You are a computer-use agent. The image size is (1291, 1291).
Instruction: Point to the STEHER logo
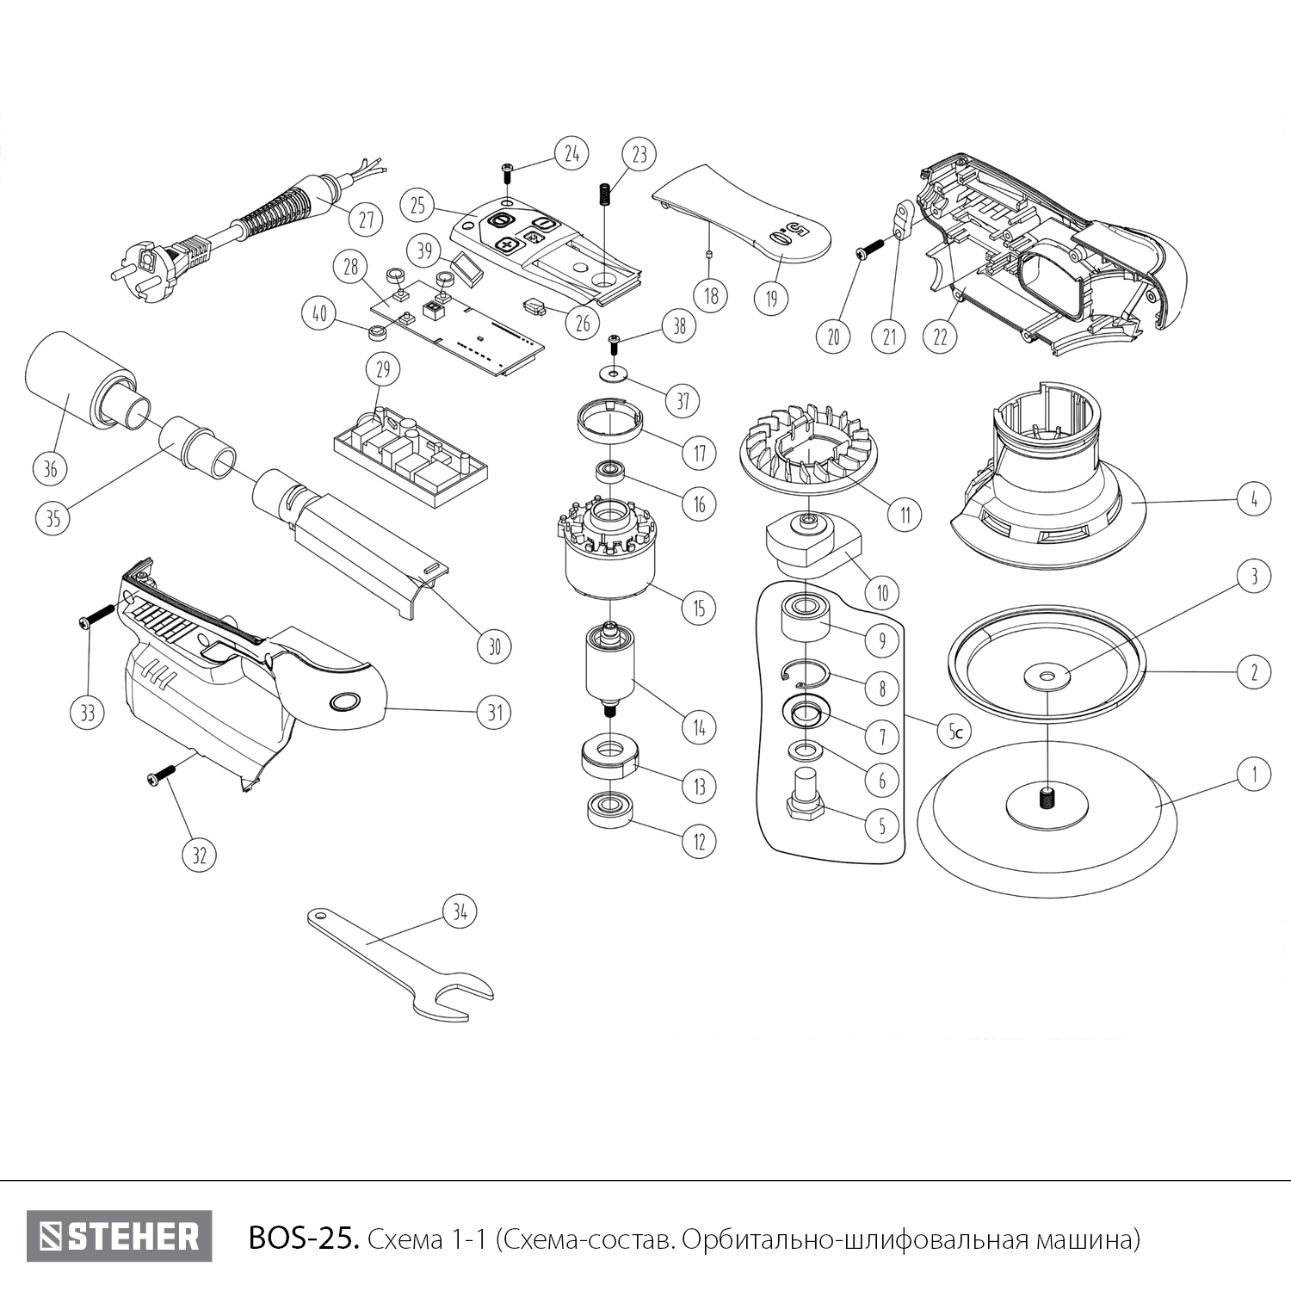119,1237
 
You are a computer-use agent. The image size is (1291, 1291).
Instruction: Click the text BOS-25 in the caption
301,1238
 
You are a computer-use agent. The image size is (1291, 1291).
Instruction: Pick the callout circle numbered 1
1254,774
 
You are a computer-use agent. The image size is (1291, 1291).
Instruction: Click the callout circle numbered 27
367,219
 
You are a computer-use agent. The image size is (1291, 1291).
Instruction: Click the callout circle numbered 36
50,468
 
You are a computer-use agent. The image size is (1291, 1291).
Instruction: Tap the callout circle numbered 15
699,608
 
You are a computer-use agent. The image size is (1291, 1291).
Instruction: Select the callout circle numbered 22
940,337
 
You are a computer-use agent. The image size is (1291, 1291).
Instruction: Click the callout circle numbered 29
383,370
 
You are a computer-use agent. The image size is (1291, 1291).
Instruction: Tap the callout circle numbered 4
1254,498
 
